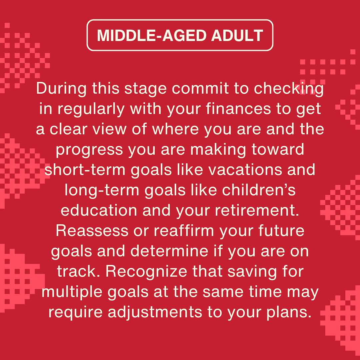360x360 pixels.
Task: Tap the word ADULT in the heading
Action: [x=237, y=35]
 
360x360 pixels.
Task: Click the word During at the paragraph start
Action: [x=61, y=88]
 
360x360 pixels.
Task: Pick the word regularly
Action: [x=91, y=109]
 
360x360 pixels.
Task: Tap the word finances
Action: [x=238, y=109]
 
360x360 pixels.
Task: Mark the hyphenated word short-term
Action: [x=85, y=170]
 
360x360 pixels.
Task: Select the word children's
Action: [x=259, y=190]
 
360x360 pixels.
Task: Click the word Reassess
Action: [x=92, y=231]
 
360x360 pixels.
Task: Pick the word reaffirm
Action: [x=184, y=231]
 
